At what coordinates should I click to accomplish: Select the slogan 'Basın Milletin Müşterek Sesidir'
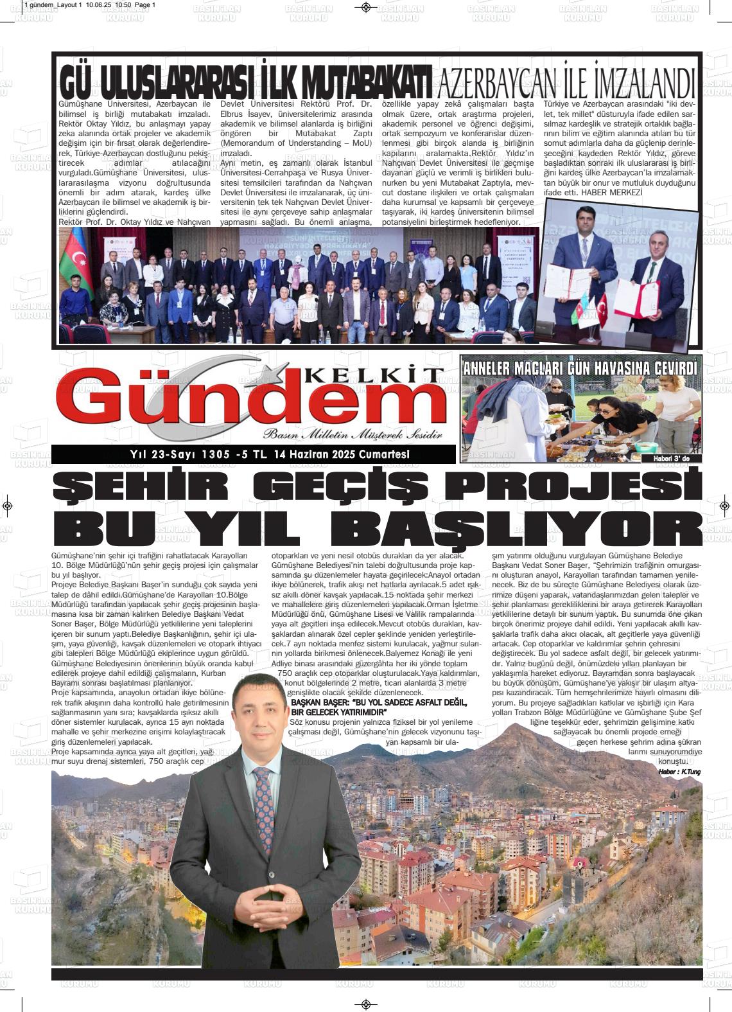pos(353,435)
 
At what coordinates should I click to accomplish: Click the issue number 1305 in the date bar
pos(215,455)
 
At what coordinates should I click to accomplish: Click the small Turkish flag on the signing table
pos(602,309)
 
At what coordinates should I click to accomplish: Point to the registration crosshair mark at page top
pos(365,7)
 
